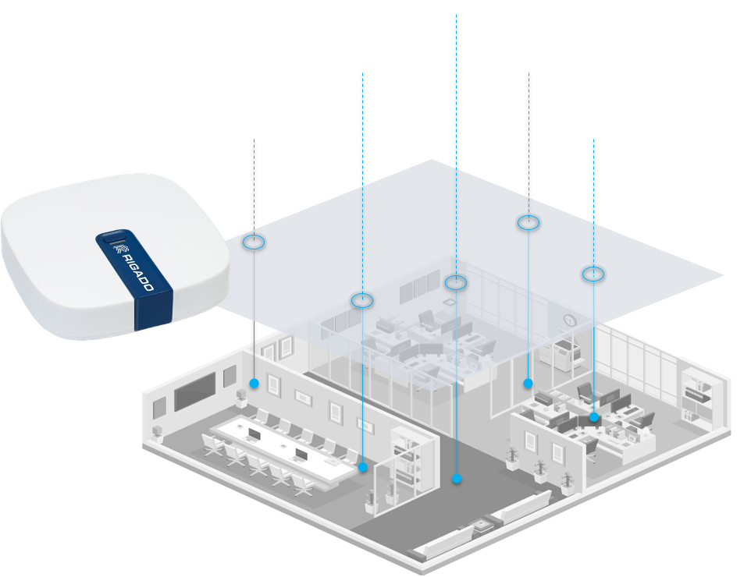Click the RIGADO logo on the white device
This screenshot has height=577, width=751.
129,267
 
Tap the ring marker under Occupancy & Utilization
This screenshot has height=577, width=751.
254,242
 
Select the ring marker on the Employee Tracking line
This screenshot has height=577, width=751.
361,299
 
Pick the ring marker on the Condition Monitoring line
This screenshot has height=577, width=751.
456,282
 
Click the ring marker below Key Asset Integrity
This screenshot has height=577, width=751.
529,223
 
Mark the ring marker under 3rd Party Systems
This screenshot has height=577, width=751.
593,274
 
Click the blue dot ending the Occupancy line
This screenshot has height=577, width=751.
254,383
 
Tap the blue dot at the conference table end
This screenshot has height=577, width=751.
363,468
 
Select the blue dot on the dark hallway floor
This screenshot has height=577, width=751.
457,479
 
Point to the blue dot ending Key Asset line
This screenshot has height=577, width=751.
529,383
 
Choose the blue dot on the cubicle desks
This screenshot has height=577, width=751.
594,417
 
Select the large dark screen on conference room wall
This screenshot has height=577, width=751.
194,391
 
